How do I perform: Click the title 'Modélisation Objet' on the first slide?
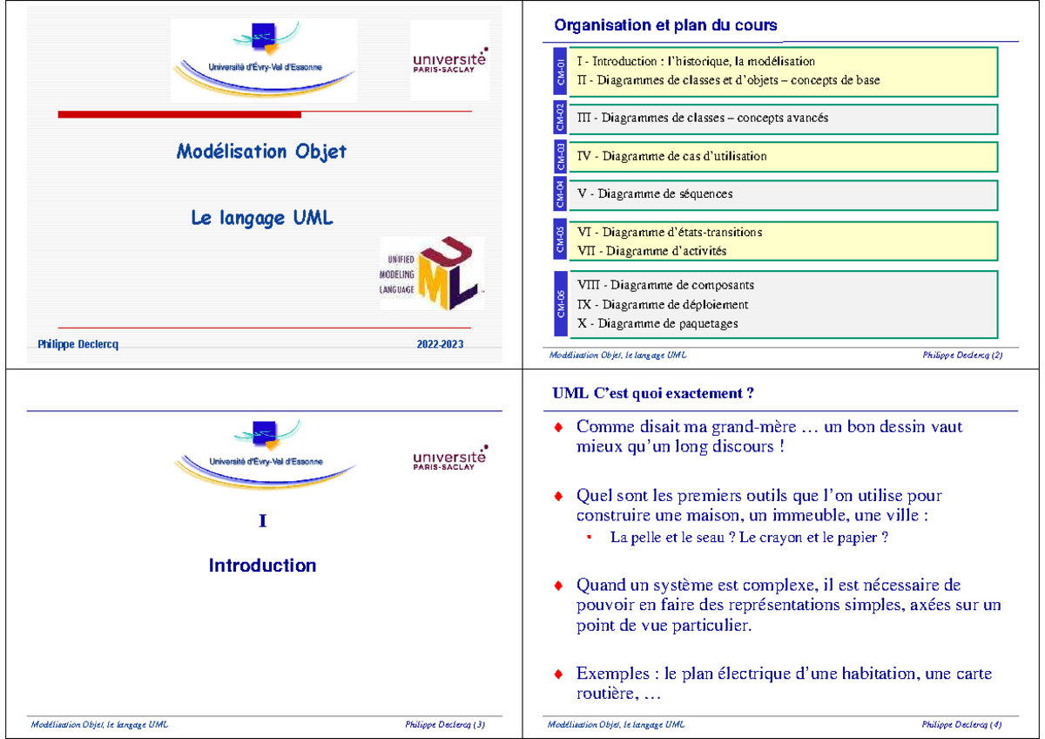click(x=261, y=152)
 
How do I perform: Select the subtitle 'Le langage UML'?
click(x=261, y=219)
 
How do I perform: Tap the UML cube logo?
click(x=448, y=273)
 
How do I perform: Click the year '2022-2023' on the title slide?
click(x=441, y=344)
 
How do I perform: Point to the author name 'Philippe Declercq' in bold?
click(x=78, y=344)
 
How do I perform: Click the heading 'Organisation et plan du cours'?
click(x=665, y=25)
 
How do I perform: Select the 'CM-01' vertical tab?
click(x=560, y=71)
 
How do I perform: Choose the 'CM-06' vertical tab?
click(x=560, y=304)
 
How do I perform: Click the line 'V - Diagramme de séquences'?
click(x=655, y=194)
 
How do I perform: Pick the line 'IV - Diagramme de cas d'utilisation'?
click(x=671, y=157)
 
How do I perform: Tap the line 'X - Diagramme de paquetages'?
click(x=657, y=323)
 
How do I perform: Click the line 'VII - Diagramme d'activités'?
click(x=651, y=251)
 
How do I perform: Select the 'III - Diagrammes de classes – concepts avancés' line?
click(x=702, y=118)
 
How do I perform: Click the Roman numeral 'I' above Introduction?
click(x=262, y=521)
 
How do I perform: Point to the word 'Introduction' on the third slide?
click(x=262, y=566)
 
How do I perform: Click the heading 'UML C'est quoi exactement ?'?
click(x=653, y=393)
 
